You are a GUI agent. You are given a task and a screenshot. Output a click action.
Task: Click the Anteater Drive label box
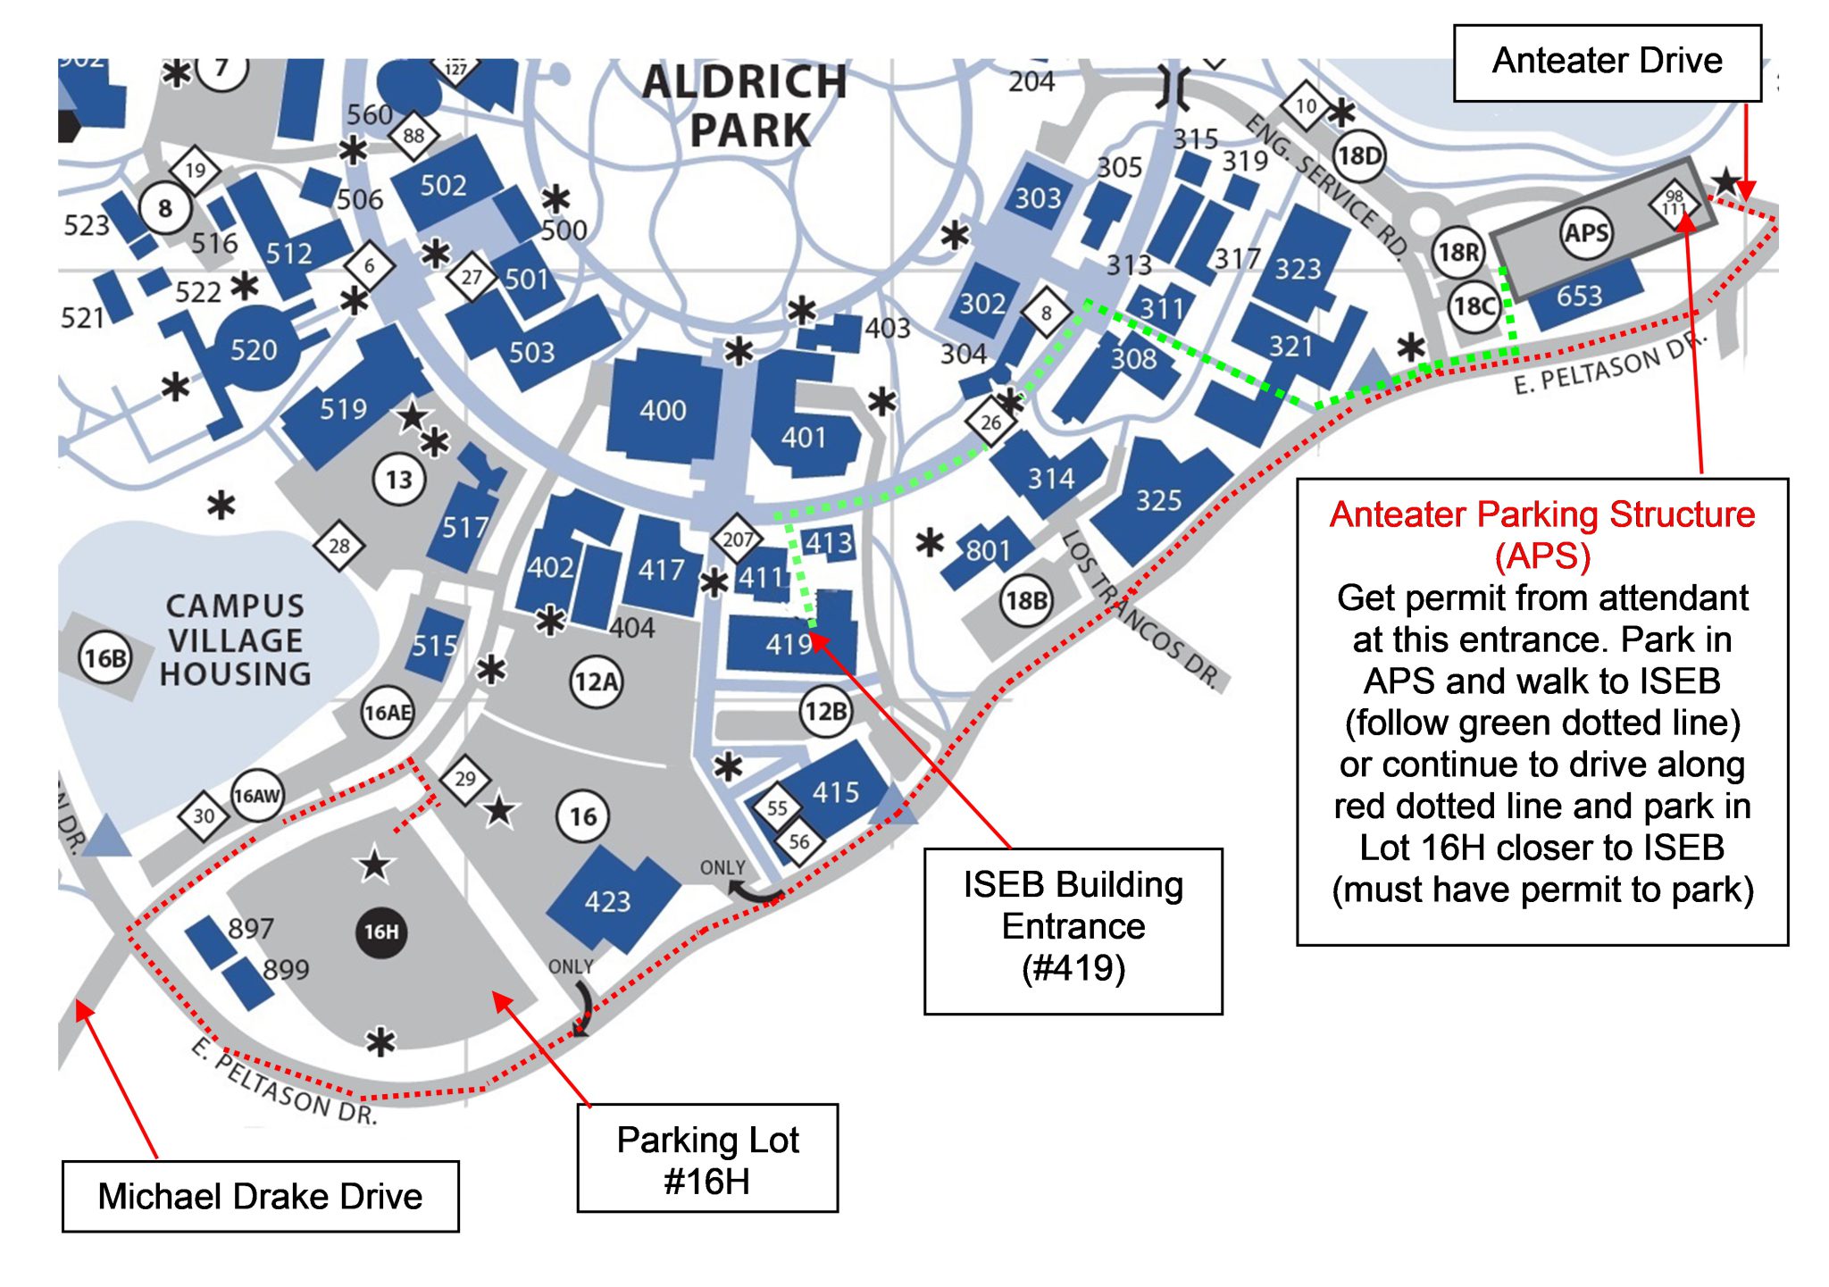[x=1607, y=63]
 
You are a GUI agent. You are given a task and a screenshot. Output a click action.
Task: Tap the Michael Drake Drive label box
[x=260, y=1196]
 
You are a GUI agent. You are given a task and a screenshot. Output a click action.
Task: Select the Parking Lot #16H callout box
[x=707, y=1158]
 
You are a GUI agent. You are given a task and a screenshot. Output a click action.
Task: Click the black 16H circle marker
[x=381, y=932]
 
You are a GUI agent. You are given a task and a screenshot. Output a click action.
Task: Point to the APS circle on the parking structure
[x=1586, y=234]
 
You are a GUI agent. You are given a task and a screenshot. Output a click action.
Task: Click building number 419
[x=789, y=644]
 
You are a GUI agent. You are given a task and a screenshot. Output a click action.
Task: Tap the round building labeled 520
[x=255, y=349]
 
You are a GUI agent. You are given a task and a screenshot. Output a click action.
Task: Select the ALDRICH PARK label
[x=746, y=105]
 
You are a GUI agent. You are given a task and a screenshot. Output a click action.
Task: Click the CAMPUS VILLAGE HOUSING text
[x=236, y=639]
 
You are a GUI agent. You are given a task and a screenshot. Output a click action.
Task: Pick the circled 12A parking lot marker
[x=597, y=682]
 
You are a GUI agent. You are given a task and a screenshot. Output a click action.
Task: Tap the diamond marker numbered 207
[x=737, y=539]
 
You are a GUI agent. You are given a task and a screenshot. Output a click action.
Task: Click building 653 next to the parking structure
[x=1579, y=296]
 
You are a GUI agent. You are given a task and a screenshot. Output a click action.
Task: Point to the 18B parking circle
[x=1026, y=601]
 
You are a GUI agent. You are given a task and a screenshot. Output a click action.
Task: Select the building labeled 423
[x=608, y=900]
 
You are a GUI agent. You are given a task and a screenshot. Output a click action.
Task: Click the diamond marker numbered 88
[x=413, y=136]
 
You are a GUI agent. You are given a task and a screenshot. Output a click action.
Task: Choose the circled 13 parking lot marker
[x=398, y=480]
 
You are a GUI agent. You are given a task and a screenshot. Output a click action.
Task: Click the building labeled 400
[x=663, y=410]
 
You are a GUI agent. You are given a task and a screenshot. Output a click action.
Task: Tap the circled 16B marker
[x=105, y=658]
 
